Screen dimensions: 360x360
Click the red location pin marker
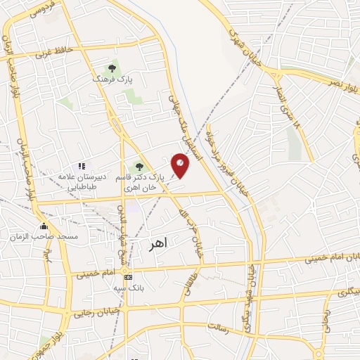tap(180, 165)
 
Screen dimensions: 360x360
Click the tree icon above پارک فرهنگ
tap(111, 69)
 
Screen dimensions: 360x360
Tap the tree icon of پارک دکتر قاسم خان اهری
tap(139, 167)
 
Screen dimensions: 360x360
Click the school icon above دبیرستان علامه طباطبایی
tap(82, 165)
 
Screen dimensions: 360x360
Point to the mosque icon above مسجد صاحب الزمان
tap(44, 226)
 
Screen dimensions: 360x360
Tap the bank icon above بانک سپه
tap(127, 276)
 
